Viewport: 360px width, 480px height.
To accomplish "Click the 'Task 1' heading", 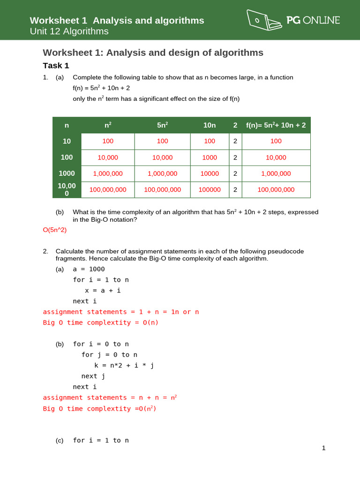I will (56, 66).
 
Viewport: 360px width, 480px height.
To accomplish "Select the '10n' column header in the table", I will (210, 125).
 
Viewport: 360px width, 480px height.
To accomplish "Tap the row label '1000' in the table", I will (67, 173).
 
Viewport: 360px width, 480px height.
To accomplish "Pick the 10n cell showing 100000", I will (210, 190).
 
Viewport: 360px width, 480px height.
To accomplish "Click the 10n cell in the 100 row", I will (210, 157).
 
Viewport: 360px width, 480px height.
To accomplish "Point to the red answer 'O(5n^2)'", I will (54, 230).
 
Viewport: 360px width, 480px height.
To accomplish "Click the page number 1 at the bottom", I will (323, 448).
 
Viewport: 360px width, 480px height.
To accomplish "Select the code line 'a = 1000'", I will (89, 269).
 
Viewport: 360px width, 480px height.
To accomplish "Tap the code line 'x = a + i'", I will (103, 290).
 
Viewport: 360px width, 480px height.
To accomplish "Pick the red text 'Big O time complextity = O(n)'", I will (101, 322).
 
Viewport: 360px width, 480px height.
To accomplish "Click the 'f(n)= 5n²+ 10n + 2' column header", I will (276, 125).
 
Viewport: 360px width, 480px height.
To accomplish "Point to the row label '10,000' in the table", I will (67, 189).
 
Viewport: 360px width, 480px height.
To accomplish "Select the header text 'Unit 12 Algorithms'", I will (69, 31).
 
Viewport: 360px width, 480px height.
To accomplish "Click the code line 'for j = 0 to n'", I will (109, 354).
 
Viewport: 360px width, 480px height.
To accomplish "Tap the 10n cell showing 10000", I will (210, 173).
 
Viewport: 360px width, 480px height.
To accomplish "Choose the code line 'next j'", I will (93, 376).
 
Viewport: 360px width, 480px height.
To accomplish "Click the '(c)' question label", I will (60, 440).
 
